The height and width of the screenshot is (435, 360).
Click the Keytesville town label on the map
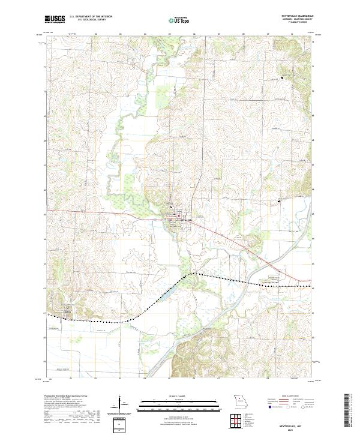[185, 220]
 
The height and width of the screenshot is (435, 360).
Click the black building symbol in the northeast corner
[283, 76]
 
